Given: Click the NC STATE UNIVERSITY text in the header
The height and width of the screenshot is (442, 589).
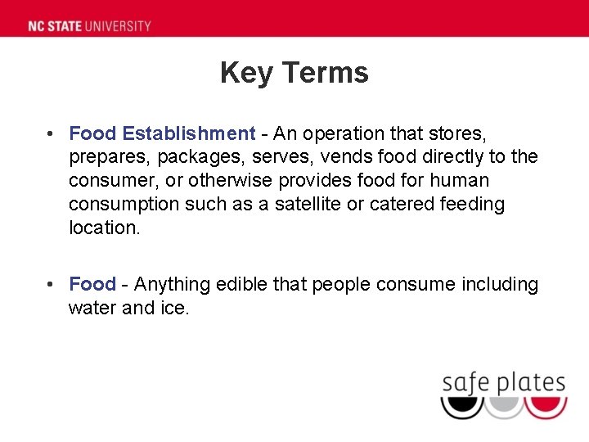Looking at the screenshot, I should pos(89,25).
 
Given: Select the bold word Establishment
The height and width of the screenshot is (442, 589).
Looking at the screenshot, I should pos(189,133).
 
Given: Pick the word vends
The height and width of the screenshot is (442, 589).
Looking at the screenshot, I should pos(355,156).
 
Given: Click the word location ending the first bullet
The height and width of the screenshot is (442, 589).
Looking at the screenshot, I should pos(104,228).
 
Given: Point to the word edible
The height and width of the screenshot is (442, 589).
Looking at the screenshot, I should pos(242,284).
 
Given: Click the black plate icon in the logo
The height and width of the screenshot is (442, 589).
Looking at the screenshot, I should pos(461,404).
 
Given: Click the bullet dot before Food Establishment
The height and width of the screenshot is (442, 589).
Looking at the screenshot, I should pos(51,133).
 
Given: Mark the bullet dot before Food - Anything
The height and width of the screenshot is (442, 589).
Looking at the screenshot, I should pos(51,284).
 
